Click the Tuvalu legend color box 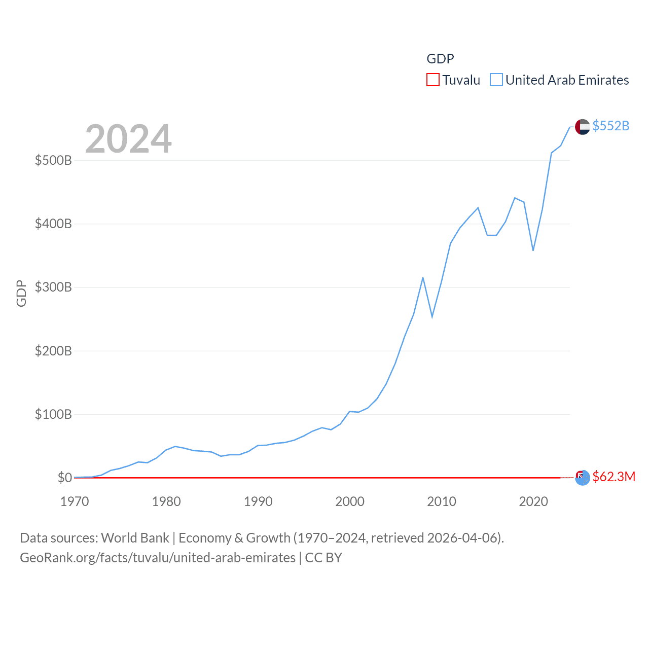coord(432,80)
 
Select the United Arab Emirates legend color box coord(496,80)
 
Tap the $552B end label coord(610,126)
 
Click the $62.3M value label coord(614,477)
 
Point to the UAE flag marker coord(582,127)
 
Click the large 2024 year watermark coord(128,139)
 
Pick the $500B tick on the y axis coord(53,161)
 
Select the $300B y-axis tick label coord(53,287)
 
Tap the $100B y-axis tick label coord(53,414)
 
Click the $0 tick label coord(64,478)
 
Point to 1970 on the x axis coord(75,501)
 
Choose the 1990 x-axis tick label coord(258,501)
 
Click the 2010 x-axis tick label coord(441,501)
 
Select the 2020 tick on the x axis coord(533,501)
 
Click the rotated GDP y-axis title coord(21,293)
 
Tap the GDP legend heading coord(440,59)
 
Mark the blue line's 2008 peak coord(423,278)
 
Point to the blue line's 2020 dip coord(533,250)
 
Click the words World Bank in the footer coord(135,538)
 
